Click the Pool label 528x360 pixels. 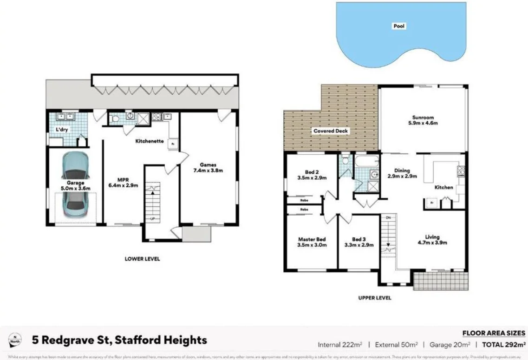pos(399,26)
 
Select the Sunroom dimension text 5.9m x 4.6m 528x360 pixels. pos(423,124)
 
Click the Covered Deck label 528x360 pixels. pos(331,131)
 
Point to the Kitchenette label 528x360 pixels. pos(149,141)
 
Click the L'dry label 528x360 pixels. pos(62,130)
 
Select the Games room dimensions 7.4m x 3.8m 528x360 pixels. pos(208,170)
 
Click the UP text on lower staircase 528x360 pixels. pos(153,218)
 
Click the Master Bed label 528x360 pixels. pos(312,239)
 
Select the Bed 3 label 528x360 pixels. pos(359,239)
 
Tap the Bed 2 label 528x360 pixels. pos(312,171)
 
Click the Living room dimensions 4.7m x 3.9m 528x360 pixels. pos(432,242)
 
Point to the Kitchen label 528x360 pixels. pos(443,188)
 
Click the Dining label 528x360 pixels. pos(402,170)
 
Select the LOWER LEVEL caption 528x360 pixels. pos(142,259)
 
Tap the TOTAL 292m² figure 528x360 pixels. pos(503,345)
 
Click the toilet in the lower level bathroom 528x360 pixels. pos(115,119)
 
